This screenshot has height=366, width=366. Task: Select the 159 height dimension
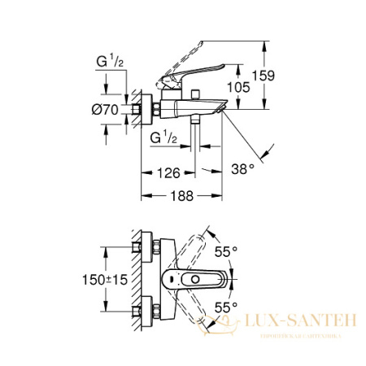tap(263, 75)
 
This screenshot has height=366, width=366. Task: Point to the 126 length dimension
tap(169, 172)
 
